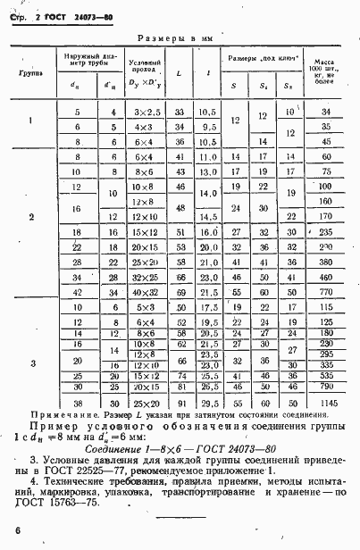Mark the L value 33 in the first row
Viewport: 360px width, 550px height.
180,112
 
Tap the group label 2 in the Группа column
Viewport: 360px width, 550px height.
32,217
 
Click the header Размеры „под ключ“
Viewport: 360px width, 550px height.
263,59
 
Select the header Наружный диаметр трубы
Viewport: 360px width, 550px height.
86,62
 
